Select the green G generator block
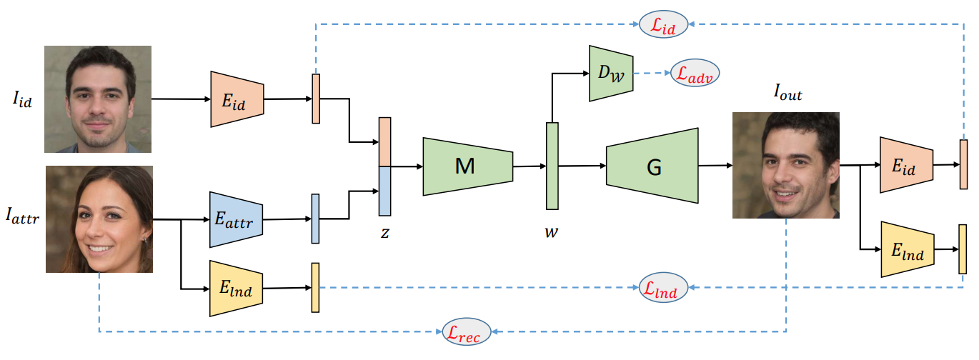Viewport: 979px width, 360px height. click(652, 166)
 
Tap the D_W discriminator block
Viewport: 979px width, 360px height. click(611, 73)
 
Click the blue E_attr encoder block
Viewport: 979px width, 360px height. click(237, 220)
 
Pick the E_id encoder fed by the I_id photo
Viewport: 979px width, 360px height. click(237, 99)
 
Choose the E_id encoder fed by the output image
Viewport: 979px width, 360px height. click(906, 165)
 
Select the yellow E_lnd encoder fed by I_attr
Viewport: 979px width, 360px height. click(237, 289)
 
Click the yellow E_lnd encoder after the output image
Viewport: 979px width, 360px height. click(906, 249)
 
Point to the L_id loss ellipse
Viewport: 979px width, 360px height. click(665, 25)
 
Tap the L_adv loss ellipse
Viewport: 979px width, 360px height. click(695, 74)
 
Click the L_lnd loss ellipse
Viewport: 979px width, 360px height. click(664, 287)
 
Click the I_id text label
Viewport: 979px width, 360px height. click(22, 99)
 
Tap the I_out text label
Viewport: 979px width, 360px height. click(787, 94)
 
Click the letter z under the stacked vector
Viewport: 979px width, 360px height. click(384, 234)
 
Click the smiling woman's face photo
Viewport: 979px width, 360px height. click(99, 219)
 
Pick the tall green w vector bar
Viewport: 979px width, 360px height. click(552, 166)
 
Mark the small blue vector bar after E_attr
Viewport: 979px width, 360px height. click(315, 219)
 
